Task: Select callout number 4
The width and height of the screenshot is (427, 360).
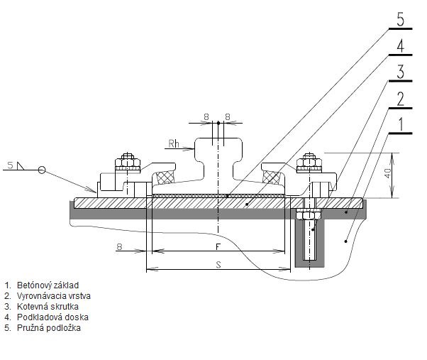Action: click(x=401, y=45)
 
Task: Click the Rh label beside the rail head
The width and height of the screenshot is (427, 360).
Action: click(x=174, y=144)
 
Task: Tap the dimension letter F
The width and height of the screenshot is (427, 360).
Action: click(x=218, y=246)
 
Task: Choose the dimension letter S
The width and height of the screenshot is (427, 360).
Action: click(x=218, y=263)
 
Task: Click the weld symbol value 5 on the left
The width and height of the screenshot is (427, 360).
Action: click(x=10, y=165)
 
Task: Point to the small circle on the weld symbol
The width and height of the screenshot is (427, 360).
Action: click(x=43, y=170)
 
